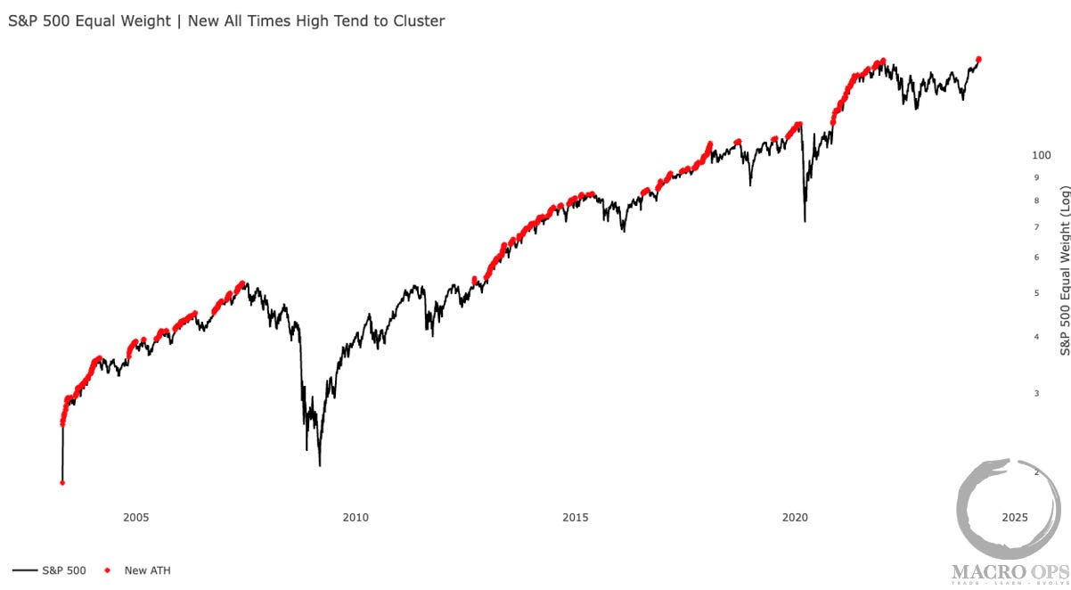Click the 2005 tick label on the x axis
click(135, 517)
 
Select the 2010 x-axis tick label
click(356, 517)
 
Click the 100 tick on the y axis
click(1041, 155)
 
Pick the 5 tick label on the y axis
click(1035, 293)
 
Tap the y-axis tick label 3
click(1035, 393)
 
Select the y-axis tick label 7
click(1035, 227)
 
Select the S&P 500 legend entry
click(50, 570)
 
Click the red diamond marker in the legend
click(108, 570)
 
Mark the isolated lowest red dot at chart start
click(62, 483)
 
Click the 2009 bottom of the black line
click(319, 464)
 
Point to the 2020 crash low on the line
click(805, 221)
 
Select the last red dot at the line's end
click(979, 59)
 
